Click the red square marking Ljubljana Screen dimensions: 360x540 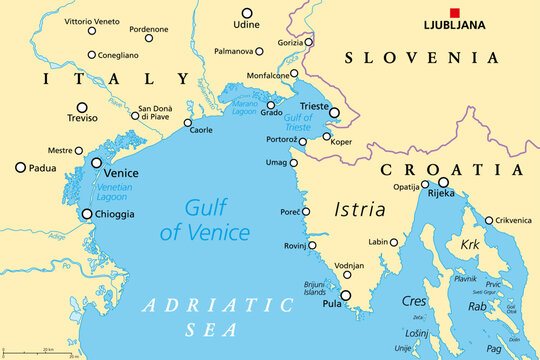click(455, 13)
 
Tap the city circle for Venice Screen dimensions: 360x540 click(97, 162)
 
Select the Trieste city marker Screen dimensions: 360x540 click(334, 114)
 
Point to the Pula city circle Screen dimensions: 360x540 click(346, 295)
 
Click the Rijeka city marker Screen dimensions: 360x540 click(443, 183)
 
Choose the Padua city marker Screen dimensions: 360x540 click(20, 168)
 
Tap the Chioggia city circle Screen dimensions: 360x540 click(87, 214)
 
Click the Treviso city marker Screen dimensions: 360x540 click(82, 108)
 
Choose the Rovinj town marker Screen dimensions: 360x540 click(312, 245)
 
